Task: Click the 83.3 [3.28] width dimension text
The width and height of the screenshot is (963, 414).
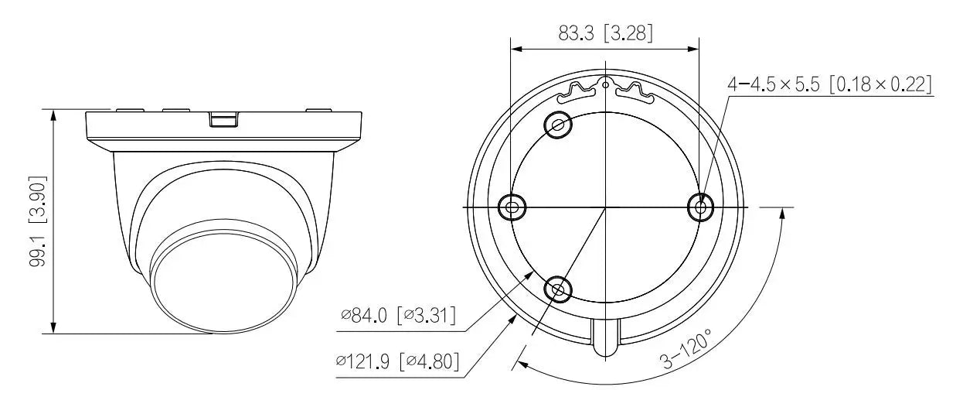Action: point(605,33)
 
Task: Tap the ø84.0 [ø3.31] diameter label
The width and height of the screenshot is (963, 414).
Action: point(397,316)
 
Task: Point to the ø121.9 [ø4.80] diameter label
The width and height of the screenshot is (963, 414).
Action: point(397,361)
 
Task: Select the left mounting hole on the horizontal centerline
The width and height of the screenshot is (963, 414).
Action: point(512,207)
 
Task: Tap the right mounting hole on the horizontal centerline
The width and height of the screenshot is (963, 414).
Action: point(700,207)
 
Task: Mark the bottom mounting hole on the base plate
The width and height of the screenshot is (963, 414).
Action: point(558,289)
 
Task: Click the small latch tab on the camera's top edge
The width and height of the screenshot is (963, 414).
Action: point(224,119)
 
